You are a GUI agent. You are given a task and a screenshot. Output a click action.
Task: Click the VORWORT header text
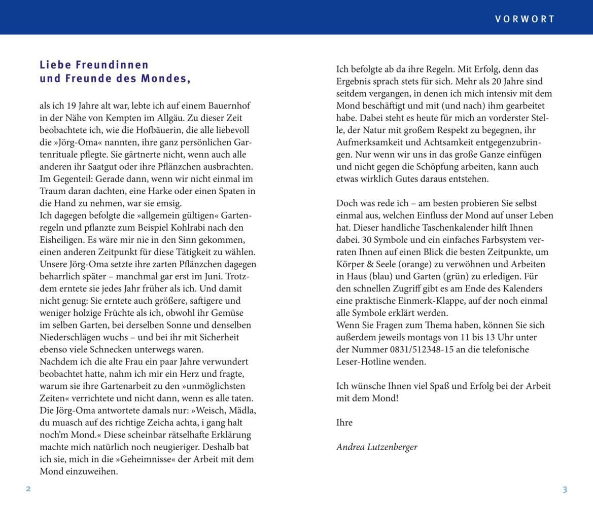(x=525, y=19)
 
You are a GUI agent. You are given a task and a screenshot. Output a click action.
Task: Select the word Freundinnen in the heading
(x=112, y=65)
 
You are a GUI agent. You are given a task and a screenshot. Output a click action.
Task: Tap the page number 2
(x=28, y=489)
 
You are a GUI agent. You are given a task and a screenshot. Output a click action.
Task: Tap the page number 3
(x=565, y=489)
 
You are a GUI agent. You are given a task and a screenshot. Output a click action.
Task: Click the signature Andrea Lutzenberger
(x=376, y=447)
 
